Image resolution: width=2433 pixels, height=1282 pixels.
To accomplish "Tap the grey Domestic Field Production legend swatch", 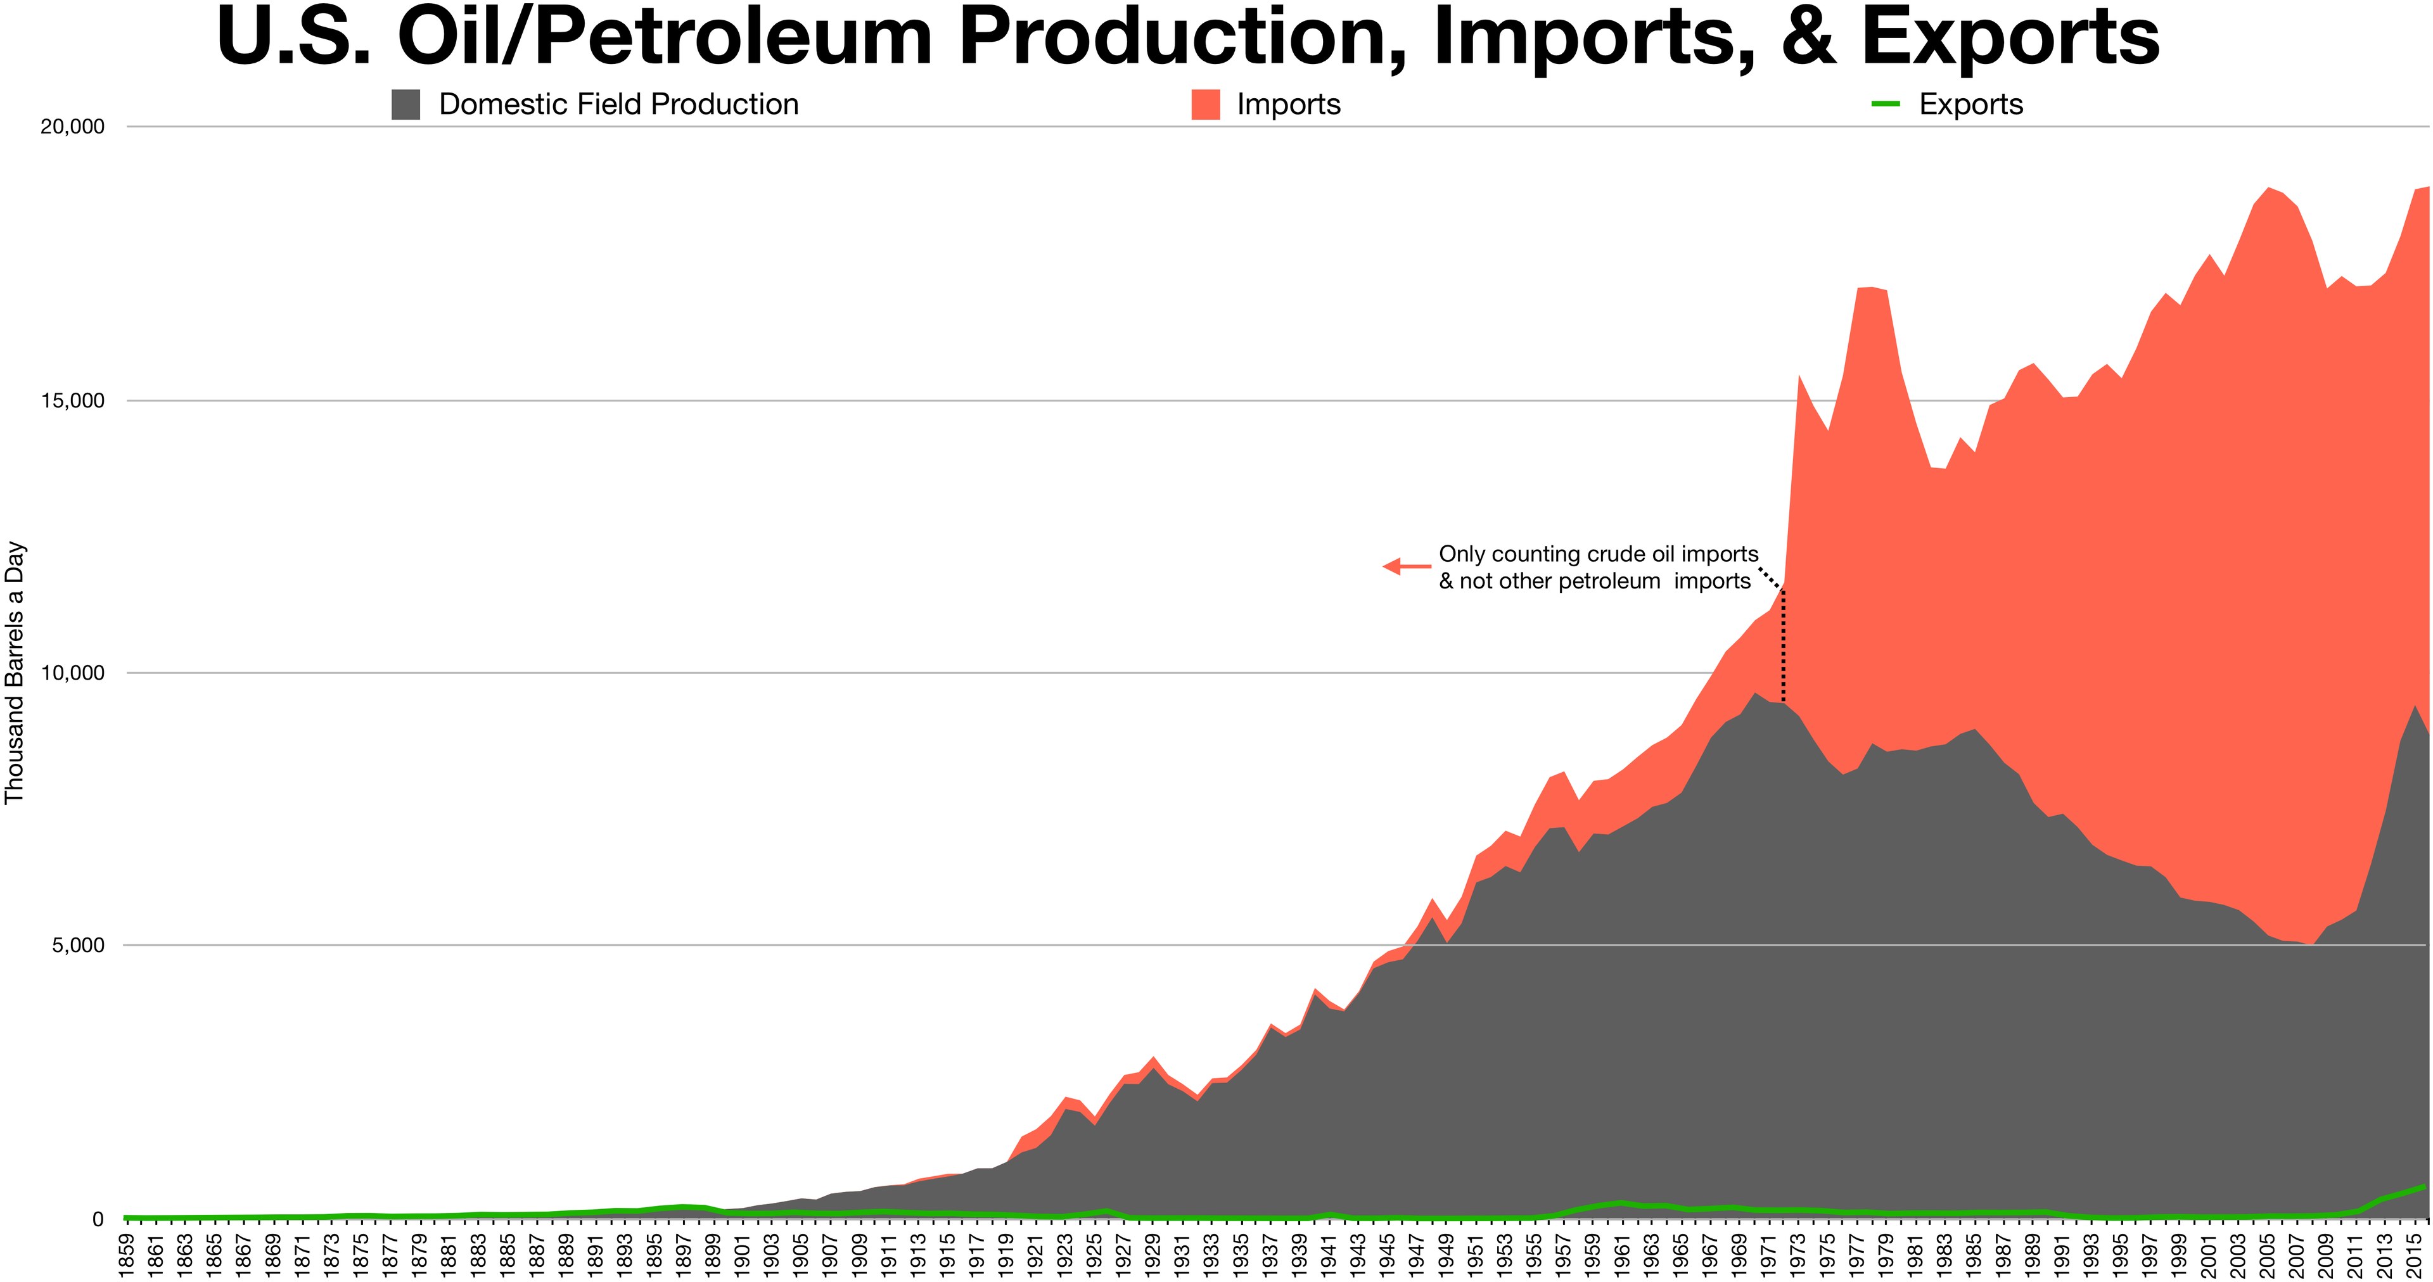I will (x=405, y=105).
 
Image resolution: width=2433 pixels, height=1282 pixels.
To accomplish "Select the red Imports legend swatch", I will (x=1205, y=105).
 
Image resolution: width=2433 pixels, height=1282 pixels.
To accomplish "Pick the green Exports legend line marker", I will (x=1885, y=105).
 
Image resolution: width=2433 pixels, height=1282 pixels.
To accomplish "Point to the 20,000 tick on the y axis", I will (x=72, y=127).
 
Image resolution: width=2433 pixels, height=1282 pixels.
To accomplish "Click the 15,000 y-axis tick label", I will (x=72, y=401).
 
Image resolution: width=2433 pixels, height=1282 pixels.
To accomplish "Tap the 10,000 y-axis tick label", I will (x=72, y=673).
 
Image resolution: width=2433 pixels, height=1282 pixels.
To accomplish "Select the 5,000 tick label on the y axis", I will (x=77, y=946).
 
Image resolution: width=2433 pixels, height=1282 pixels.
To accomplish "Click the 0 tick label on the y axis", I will (x=98, y=1219).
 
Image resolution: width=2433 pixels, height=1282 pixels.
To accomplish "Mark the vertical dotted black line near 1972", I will (x=1783, y=651).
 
